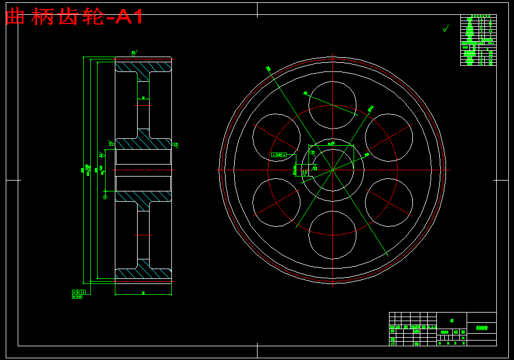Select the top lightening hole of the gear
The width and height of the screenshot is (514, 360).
tap(333, 105)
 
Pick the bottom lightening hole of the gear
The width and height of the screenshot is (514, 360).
tap(333, 234)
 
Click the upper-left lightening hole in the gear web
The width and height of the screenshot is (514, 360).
tap(276, 137)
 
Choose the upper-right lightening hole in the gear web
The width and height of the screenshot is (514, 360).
tap(389, 137)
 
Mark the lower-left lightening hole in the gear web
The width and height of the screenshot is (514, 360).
tap(276, 202)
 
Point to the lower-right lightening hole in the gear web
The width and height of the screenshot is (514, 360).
tap(389, 202)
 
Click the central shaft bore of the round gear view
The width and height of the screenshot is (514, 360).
tap(333, 170)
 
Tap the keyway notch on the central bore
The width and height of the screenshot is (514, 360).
tap(333, 148)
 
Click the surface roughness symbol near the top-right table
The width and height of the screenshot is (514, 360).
tap(446, 27)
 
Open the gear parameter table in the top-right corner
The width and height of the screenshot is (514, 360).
tap(478, 40)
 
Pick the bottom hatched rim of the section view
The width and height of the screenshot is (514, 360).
tap(143, 274)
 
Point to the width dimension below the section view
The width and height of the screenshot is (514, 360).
tap(143, 293)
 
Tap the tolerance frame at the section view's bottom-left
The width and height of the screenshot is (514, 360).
tap(81, 294)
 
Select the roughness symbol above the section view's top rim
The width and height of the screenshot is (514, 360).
tap(134, 53)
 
